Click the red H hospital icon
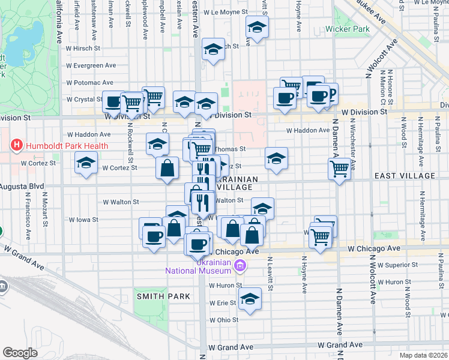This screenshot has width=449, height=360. pos(16,145)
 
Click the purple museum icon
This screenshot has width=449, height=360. pos(240,266)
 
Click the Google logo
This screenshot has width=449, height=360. pos(20,353)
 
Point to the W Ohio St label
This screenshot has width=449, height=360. pos(224,320)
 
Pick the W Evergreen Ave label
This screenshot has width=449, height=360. pos(91,65)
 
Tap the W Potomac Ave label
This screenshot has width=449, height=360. pos(90,82)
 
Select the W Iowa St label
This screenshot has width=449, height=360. pos(83,220)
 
